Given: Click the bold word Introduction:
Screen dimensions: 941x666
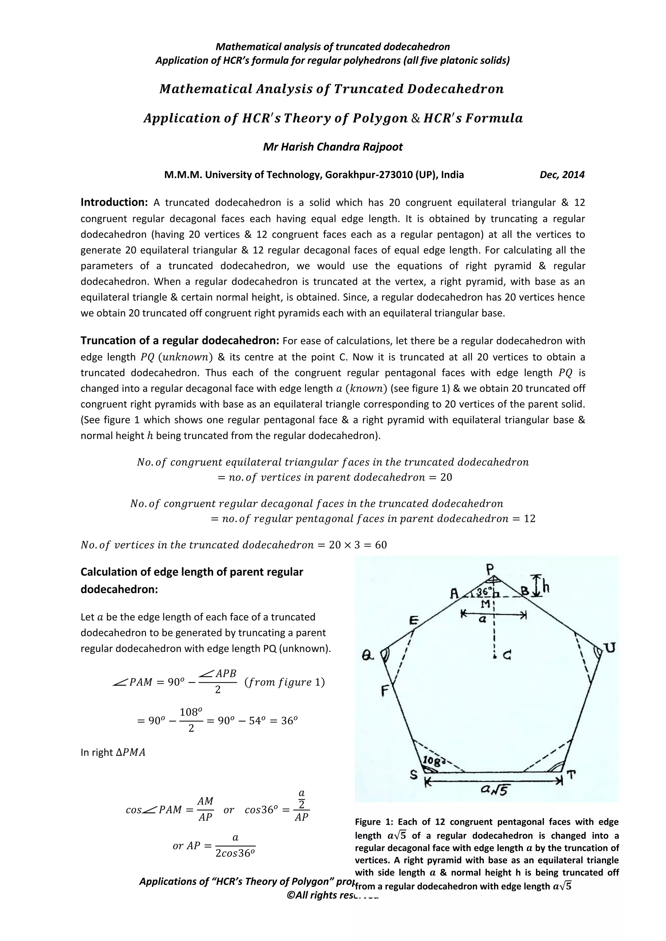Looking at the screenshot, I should click(x=114, y=202).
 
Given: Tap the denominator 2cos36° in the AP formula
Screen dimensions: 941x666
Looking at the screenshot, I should click(x=235, y=854).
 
